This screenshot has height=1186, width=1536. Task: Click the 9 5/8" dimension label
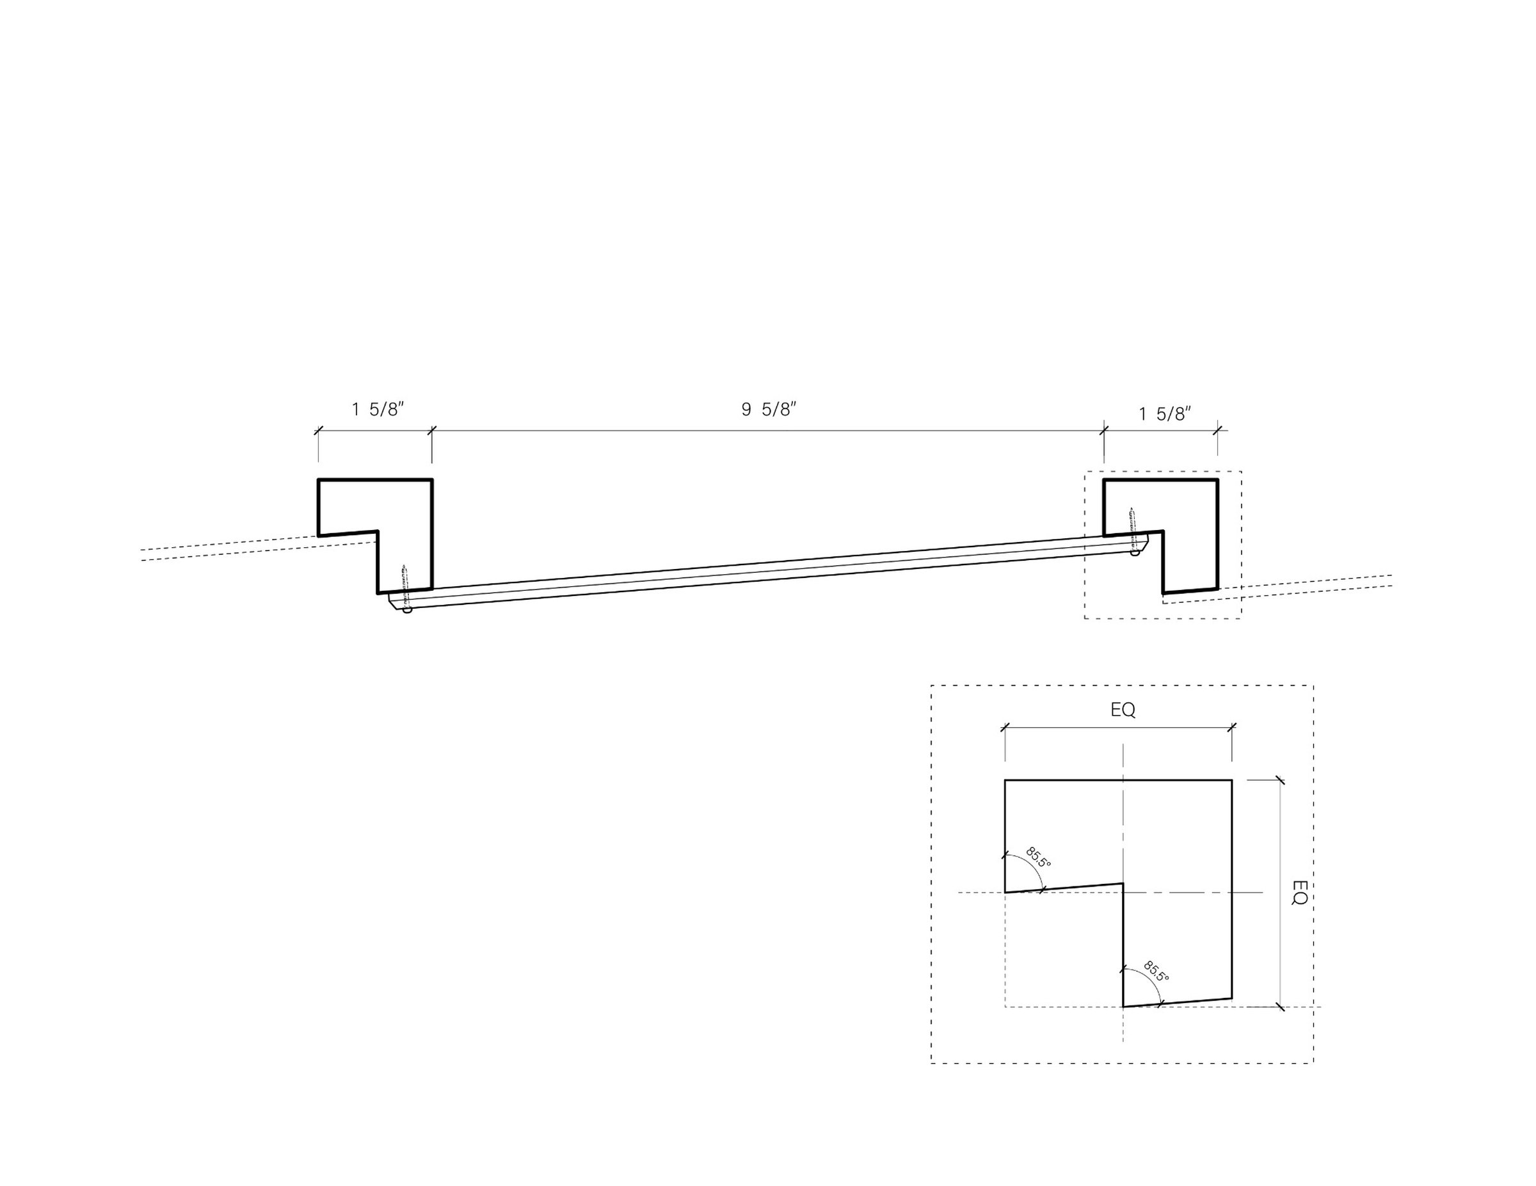click(x=769, y=409)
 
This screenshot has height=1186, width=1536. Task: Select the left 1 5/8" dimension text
click(x=378, y=409)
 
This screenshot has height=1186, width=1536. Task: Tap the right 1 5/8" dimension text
click(x=1165, y=413)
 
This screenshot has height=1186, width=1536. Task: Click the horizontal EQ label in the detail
click(x=1123, y=710)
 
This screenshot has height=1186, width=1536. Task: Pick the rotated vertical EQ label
click(x=1299, y=893)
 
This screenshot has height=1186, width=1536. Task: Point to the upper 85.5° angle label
click(x=1038, y=858)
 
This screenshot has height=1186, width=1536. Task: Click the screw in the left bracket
click(x=404, y=577)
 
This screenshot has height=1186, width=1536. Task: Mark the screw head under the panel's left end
click(x=406, y=610)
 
